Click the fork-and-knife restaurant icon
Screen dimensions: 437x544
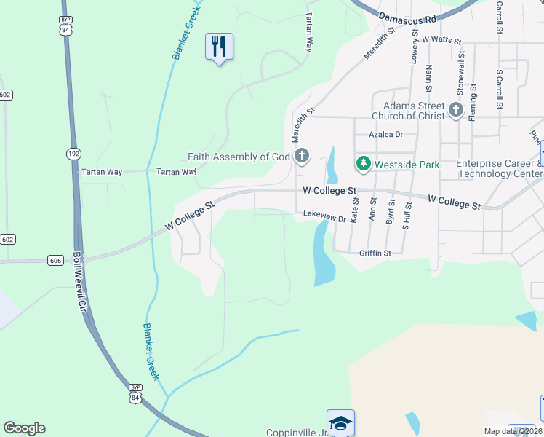tap(219, 47)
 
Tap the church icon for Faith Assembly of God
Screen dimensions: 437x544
tap(302, 156)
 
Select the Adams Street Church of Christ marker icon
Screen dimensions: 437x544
tap(456, 111)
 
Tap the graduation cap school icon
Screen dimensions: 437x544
tap(340, 422)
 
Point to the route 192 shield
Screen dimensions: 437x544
tap(75, 154)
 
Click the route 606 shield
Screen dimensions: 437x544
tap(56, 260)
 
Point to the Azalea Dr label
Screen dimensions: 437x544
tap(385, 135)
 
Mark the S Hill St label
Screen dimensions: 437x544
tap(407, 217)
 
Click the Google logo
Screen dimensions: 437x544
tap(24, 428)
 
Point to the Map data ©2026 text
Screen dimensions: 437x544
tap(513, 431)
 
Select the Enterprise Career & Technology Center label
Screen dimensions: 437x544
tap(499, 169)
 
